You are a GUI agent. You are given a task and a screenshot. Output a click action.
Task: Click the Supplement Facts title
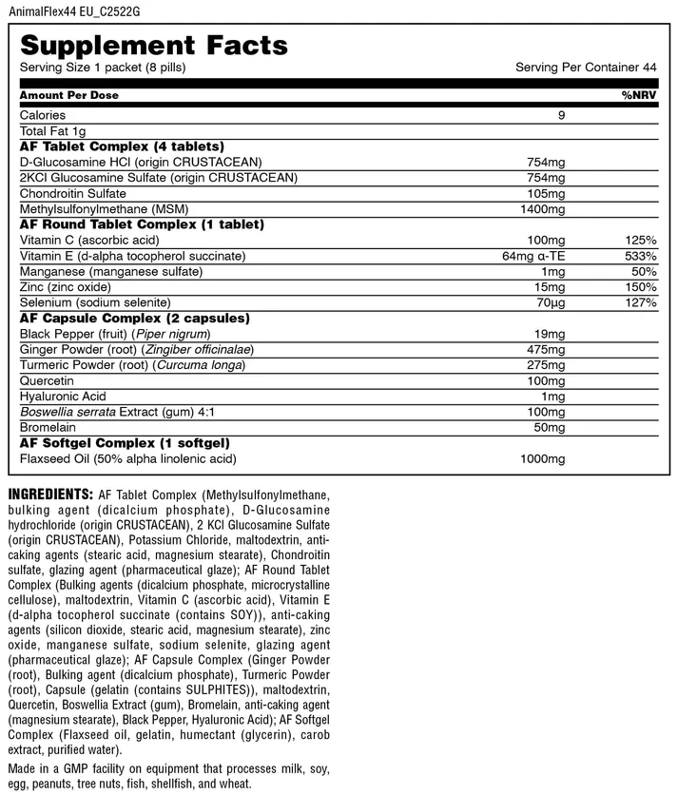154,45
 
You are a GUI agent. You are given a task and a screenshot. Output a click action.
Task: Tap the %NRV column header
639,95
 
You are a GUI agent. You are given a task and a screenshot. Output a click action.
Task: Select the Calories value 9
562,115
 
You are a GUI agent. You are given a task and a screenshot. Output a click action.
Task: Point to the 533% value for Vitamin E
640,256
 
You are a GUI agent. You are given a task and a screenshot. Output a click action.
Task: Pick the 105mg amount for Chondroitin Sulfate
549,193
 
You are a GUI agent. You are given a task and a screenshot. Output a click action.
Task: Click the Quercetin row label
48,380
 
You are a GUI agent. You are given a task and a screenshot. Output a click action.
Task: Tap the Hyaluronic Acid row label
63,396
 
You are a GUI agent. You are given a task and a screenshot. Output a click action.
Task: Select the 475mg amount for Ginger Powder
549,349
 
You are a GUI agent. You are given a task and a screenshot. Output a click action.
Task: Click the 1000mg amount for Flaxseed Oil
545,459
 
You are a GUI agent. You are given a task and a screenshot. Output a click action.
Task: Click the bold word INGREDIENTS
49,495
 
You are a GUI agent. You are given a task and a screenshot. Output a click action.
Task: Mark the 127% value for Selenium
640,302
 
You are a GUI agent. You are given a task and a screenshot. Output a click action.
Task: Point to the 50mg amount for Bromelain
552,427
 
